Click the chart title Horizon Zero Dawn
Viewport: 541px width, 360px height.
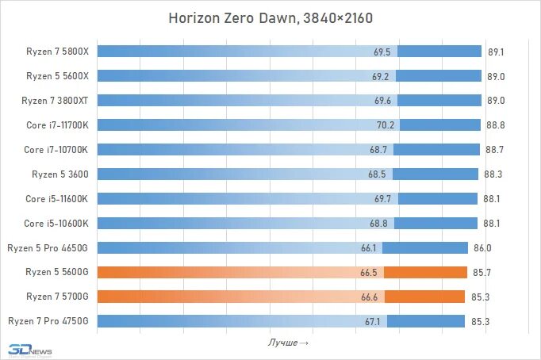270,17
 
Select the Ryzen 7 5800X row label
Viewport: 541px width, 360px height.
56,52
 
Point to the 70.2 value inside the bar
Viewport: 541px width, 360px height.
386,125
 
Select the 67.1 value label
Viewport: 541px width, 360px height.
374,321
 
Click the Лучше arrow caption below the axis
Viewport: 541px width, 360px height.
288,342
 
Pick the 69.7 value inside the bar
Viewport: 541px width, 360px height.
382,199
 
